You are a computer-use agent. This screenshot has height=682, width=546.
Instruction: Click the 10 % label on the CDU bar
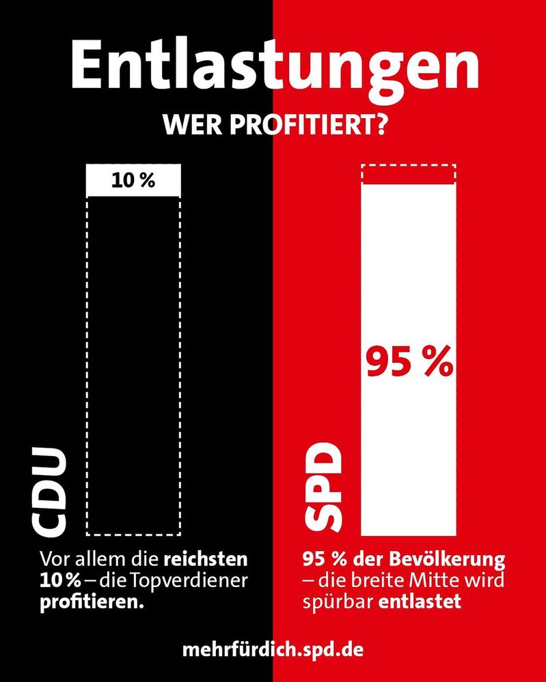click(134, 181)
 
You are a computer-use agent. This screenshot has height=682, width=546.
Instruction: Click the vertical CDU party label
click(52, 490)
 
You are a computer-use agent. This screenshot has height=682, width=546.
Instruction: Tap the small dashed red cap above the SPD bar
click(409, 175)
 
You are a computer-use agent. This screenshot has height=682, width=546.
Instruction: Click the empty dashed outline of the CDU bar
click(134, 362)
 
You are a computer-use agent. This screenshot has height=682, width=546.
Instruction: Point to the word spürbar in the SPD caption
click(331, 603)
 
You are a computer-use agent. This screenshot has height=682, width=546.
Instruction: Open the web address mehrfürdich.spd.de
click(273, 649)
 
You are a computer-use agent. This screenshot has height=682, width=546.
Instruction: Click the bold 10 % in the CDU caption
click(58, 582)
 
